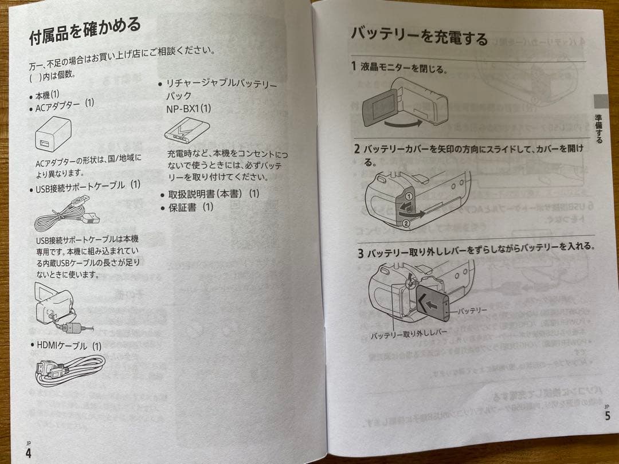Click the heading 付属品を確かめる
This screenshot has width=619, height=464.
[x=85, y=32]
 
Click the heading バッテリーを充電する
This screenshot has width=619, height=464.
[x=419, y=36]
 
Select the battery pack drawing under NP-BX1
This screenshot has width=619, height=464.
[x=186, y=130]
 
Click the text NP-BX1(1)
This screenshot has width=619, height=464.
[x=189, y=108]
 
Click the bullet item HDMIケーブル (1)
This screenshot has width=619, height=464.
[x=65, y=345]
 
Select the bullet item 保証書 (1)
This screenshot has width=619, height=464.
[x=190, y=207]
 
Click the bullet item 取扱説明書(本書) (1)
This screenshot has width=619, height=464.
[x=213, y=194]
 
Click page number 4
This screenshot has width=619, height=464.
[x=29, y=453]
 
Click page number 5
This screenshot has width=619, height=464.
[x=607, y=416]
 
